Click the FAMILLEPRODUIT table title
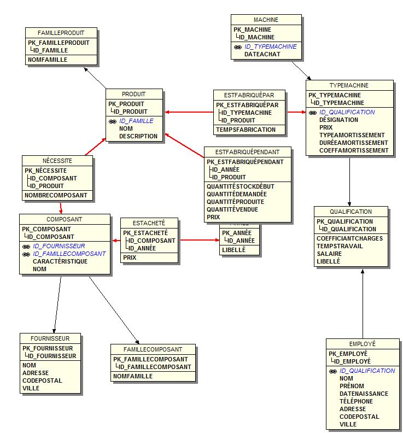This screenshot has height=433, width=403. click(x=61, y=33)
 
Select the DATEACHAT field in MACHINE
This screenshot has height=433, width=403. click(x=262, y=54)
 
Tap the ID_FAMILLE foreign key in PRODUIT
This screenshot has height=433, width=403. click(x=136, y=121)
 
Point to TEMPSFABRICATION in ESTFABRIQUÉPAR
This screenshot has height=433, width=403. click(x=246, y=130)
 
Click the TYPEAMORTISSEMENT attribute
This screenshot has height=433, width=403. click(x=352, y=135)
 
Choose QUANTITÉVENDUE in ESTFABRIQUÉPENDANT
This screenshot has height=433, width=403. click(x=232, y=209)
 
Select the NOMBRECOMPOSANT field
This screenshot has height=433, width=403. click(x=56, y=195)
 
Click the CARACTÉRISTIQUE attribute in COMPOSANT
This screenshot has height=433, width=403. click(x=60, y=261)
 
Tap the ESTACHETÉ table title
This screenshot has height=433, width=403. click(x=148, y=223)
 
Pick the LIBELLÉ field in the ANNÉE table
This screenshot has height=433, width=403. click(x=233, y=250)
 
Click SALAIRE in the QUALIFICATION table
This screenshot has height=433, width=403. click(x=329, y=254)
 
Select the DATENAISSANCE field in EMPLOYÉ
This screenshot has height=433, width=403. click(x=364, y=394)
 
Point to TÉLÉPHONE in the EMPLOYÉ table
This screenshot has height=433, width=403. click(x=356, y=401)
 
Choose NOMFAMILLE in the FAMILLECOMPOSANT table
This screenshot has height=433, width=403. click(x=133, y=376)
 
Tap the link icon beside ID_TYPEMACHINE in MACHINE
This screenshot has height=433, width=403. click(x=238, y=47)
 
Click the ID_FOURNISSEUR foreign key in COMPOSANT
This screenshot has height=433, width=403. click(x=59, y=246)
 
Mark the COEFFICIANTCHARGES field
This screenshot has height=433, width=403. click(x=349, y=238)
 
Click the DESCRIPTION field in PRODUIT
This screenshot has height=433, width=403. click(x=138, y=136)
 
